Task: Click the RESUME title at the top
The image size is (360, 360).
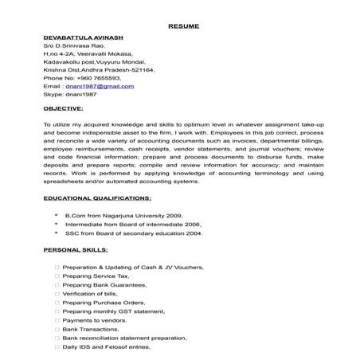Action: pos(179,25)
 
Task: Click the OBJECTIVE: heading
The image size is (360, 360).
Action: pos(67,106)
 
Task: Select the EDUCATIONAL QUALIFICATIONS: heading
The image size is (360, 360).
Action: pos(97,196)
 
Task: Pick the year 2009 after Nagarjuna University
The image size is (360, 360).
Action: pos(172,215)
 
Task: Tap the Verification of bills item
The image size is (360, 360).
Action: pos(91,293)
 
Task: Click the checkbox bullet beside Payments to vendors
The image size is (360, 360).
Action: pos(57,320)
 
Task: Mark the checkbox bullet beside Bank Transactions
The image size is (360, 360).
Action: pos(57,329)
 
